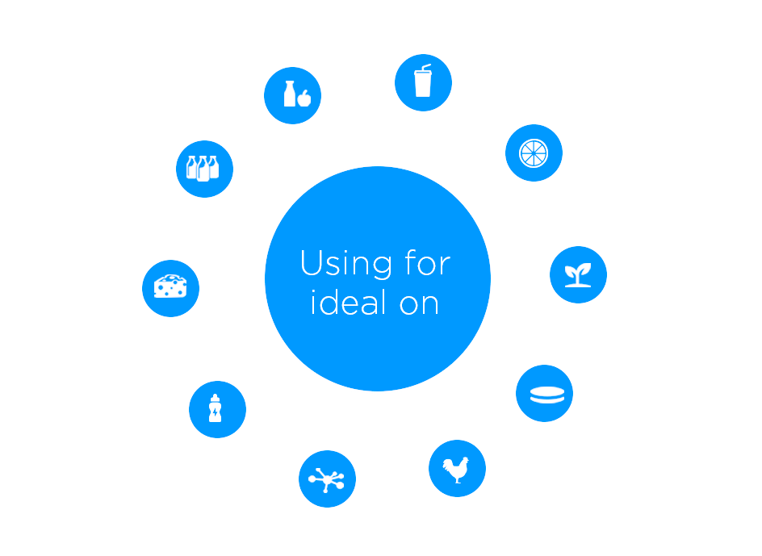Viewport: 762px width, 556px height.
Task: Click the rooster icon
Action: coord(457,468)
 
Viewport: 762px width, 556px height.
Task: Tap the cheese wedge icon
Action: coord(170,286)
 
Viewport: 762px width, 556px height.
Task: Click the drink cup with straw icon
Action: coord(423,82)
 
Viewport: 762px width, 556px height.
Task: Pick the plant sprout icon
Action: coord(577,274)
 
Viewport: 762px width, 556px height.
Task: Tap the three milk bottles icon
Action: coord(204,168)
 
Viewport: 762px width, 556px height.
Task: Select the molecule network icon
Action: coord(327,479)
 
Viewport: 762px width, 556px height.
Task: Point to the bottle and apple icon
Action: coord(292,95)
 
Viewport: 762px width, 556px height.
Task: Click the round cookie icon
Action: coord(543,394)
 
